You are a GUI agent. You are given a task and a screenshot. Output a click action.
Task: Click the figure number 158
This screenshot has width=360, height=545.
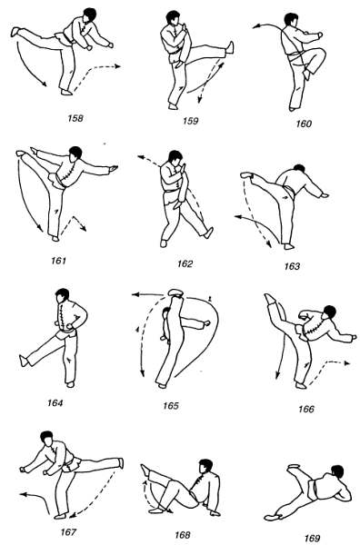coord(75,118)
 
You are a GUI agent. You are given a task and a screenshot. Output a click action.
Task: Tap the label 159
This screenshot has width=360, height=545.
coord(190,121)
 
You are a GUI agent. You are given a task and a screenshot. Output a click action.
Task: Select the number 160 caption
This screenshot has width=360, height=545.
coord(304,124)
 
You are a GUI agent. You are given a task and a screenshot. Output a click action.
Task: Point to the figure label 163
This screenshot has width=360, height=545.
coord(292,266)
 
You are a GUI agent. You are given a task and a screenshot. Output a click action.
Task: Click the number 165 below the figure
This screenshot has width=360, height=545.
coord(170,406)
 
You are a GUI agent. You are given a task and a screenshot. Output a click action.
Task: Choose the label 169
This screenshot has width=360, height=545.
coord(312,539)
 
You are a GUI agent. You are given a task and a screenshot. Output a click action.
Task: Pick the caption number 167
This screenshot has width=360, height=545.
coord(68,532)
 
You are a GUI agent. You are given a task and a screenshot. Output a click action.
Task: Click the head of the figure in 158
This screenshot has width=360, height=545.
coord(89,15)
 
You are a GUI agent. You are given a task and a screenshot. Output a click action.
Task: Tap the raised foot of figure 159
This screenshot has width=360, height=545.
coord(230,47)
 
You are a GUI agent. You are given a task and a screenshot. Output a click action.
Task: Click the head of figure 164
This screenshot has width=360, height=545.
coord(62,296)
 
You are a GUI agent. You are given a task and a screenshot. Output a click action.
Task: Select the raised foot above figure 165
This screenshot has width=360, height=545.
coord(175,292)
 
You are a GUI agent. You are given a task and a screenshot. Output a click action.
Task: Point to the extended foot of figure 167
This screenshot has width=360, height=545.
coord(121,462)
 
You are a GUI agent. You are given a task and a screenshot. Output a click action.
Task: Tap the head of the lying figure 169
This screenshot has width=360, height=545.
coord(337,472)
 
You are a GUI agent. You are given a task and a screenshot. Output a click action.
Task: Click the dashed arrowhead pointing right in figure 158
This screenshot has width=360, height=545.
coord(117,66)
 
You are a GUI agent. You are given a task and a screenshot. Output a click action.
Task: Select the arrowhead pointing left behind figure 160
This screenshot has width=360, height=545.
coord(255,26)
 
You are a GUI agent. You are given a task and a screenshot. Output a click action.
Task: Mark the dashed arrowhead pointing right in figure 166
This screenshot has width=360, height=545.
coord(345,363)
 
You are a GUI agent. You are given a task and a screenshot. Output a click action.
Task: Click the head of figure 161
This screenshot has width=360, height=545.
coord(75,154)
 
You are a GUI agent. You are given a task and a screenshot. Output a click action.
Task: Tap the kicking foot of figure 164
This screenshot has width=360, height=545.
coord(24,361)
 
